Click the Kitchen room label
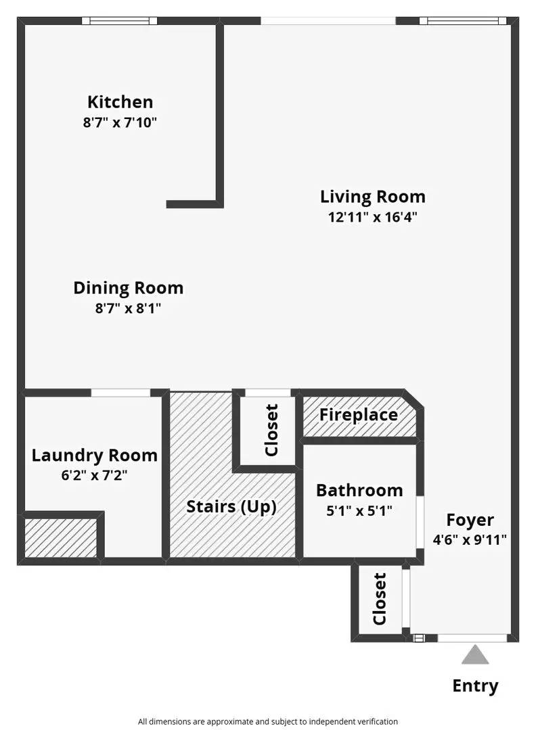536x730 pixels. pyautogui.click(x=120, y=102)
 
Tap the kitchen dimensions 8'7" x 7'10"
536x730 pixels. pyautogui.click(x=120, y=123)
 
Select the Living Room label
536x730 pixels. pyautogui.click(x=373, y=197)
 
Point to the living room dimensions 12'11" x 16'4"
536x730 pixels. pyautogui.click(x=373, y=218)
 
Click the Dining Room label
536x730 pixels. pyautogui.click(x=129, y=288)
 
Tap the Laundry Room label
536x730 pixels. pyautogui.click(x=95, y=455)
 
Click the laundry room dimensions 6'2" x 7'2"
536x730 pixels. pyautogui.click(x=94, y=475)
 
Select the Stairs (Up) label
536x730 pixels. pyautogui.click(x=231, y=506)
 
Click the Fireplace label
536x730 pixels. pyautogui.click(x=359, y=414)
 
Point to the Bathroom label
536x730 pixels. pyautogui.click(x=359, y=490)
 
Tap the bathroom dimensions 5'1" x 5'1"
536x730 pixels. pyautogui.click(x=359, y=511)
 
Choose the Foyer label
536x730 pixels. pyautogui.click(x=470, y=520)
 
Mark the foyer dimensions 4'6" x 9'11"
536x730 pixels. pyautogui.click(x=470, y=540)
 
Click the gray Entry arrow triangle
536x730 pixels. pyautogui.click(x=476, y=656)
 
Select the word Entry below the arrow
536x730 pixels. pyautogui.click(x=476, y=686)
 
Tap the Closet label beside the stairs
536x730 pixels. pyautogui.click(x=271, y=430)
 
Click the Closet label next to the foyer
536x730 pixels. pyautogui.click(x=380, y=600)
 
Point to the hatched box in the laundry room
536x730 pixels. pyautogui.click(x=61, y=538)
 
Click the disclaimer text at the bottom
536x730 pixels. pyautogui.click(x=268, y=721)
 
